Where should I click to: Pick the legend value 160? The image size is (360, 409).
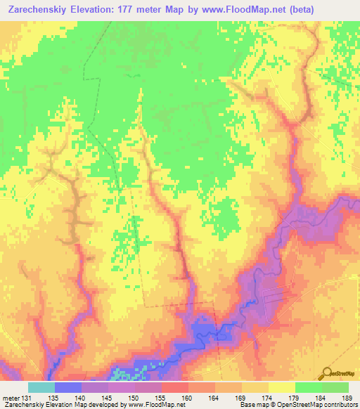pyautogui.click(x=188, y=397)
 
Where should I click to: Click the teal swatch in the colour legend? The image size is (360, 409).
pyautogui.click(x=41, y=387)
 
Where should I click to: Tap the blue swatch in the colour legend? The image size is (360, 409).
pyautogui.click(x=67, y=387)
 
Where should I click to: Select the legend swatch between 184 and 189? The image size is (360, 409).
pyautogui.click(x=335, y=387)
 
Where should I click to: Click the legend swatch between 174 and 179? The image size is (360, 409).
pyautogui.click(x=281, y=387)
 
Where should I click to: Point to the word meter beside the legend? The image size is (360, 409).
pyautogui.click(x=9, y=397)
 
